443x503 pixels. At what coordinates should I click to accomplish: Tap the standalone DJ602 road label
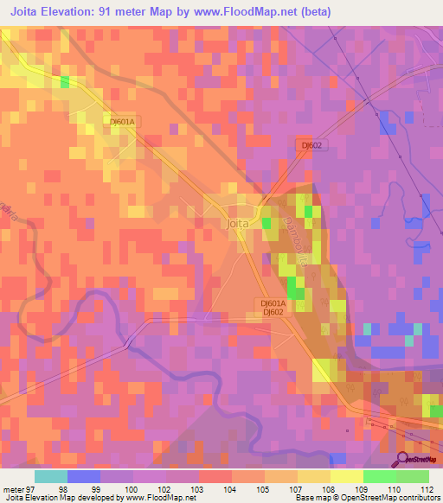point(311,146)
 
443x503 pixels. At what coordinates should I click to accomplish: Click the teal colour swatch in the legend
point(51,476)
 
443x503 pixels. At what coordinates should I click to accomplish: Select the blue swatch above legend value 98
point(84,476)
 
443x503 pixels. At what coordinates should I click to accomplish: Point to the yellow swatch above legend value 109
point(347,476)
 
